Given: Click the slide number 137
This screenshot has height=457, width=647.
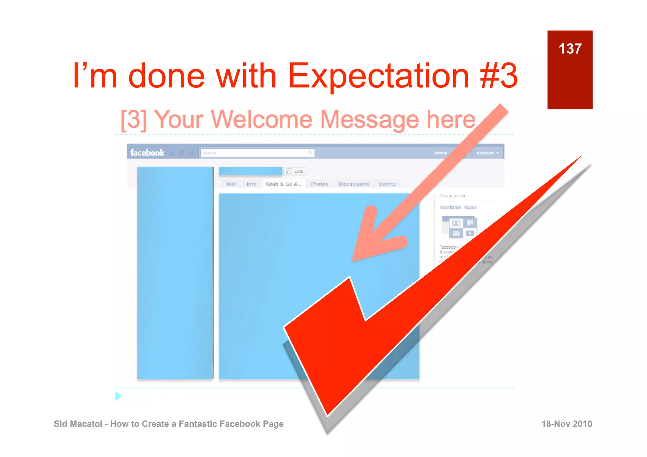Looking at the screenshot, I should (x=570, y=49).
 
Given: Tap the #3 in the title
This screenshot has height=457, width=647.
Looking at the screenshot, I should (x=499, y=76).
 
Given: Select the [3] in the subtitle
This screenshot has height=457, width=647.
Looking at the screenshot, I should (x=134, y=120).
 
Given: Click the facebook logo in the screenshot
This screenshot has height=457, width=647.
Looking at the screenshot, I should (x=147, y=153).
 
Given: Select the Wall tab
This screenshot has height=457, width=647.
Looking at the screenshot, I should (x=231, y=184).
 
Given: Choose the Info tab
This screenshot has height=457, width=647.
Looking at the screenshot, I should (x=251, y=184).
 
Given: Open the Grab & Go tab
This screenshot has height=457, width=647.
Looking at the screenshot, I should (x=283, y=184).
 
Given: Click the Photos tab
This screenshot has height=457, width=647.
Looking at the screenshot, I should (x=319, y=184).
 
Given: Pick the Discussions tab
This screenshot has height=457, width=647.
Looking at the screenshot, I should (x=354, y=184).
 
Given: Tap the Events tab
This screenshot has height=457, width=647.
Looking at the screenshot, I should (x=387, y=184).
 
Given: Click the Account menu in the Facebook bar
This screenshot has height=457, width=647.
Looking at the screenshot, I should (x=487, y=153).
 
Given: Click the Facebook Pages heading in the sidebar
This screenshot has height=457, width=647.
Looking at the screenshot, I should (x=458, y=207).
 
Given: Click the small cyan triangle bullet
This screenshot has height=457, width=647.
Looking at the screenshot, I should (x=118, y=396).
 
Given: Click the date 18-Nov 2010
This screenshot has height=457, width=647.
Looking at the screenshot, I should (x=566, y=424).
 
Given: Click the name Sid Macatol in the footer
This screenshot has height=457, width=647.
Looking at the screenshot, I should (x=78, y=424).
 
